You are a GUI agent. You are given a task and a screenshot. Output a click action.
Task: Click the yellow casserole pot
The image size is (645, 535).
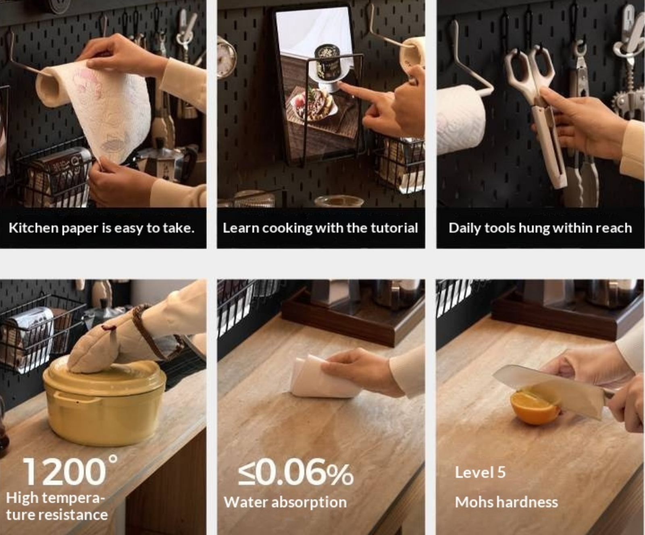[x=104, y=403]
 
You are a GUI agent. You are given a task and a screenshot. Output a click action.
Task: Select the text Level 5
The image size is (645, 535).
[x=480, y=473]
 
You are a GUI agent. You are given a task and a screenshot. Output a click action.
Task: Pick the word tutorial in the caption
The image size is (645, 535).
[x=394, y=228]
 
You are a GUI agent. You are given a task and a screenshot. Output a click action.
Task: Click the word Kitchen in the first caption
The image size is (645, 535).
[x=33, y=228]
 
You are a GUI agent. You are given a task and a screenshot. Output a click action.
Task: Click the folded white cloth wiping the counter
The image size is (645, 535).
[x=318, y=377]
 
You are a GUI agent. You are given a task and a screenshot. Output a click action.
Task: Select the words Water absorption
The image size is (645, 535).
[x=285, y=502]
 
